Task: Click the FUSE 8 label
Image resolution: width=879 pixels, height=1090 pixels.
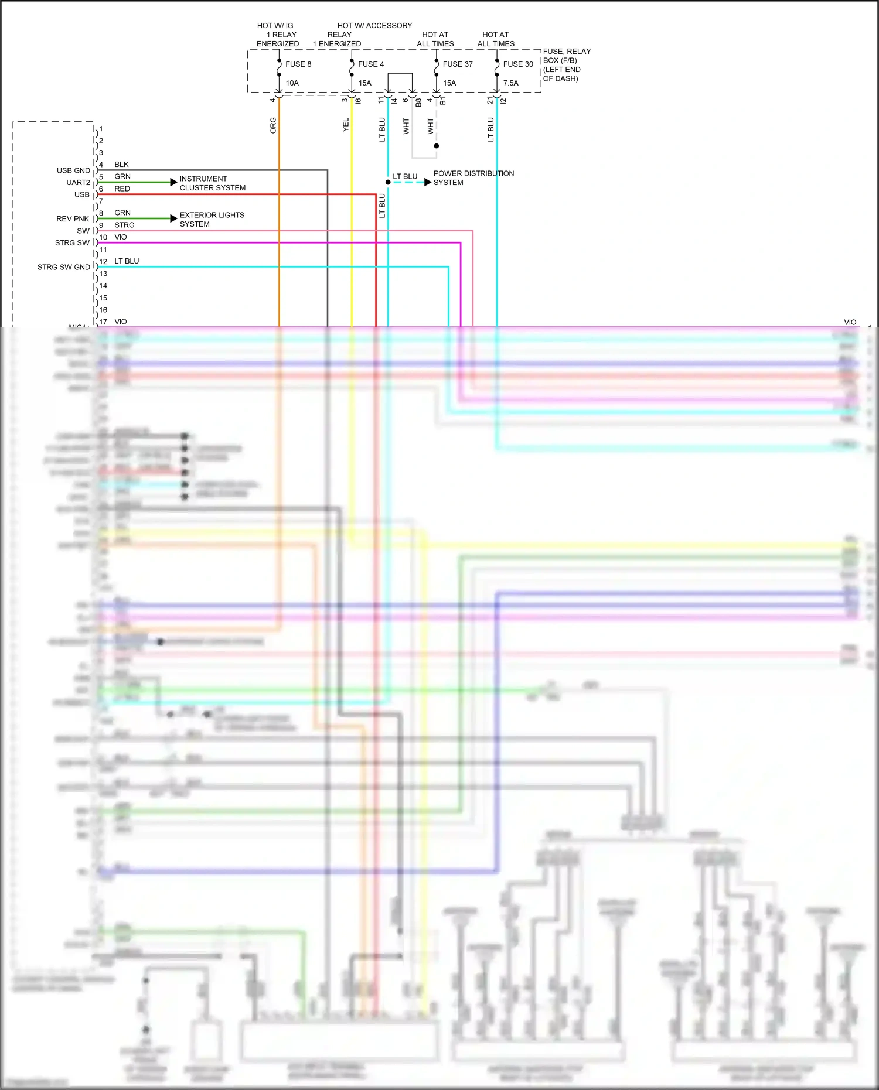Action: click(298, 64)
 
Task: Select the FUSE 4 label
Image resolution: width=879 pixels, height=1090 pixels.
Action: click(371, 64)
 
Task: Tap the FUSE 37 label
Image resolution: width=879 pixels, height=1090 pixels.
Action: click(457, 64)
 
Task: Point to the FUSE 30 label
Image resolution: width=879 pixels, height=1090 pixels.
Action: click(518, 64)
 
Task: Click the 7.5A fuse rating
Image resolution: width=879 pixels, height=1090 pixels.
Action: click(510, 83)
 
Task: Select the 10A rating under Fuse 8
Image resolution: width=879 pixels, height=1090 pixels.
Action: click(292, 83)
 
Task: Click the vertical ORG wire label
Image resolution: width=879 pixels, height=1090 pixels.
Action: click(273, 125)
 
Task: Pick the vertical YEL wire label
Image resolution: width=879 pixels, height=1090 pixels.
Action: click(346, 125)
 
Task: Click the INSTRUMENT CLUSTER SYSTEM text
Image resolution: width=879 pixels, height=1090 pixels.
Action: click(212, 183)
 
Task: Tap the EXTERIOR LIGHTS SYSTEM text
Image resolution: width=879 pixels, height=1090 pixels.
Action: click(212, 220)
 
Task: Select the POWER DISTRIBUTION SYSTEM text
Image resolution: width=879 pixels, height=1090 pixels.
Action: click(473, 178)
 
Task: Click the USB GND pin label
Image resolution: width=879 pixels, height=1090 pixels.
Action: click(73, 170)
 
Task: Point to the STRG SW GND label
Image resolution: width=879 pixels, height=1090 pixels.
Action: click(64, 267)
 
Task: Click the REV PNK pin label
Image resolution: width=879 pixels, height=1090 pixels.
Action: click(73, 219)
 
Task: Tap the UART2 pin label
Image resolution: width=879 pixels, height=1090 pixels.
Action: click(78, 183)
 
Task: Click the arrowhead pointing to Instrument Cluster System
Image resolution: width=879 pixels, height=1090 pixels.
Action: click(173, 182)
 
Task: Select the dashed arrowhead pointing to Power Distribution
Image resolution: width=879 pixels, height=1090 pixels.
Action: click(428, 182)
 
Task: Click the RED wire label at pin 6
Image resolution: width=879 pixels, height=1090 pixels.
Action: click(122, 189)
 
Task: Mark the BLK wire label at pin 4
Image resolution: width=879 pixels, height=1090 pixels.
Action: click(121, 165)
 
